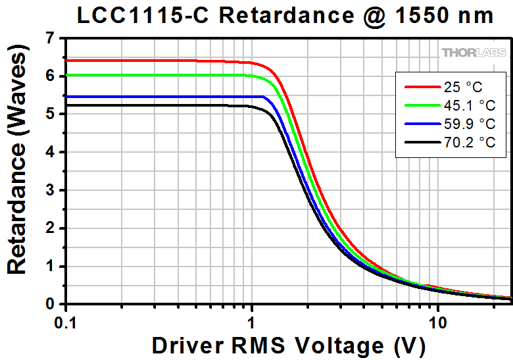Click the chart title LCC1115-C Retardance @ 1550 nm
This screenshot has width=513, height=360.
click(285, 16)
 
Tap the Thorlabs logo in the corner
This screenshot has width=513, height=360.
click(474, 52)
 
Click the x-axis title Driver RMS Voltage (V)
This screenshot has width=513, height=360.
click(288, 346)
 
